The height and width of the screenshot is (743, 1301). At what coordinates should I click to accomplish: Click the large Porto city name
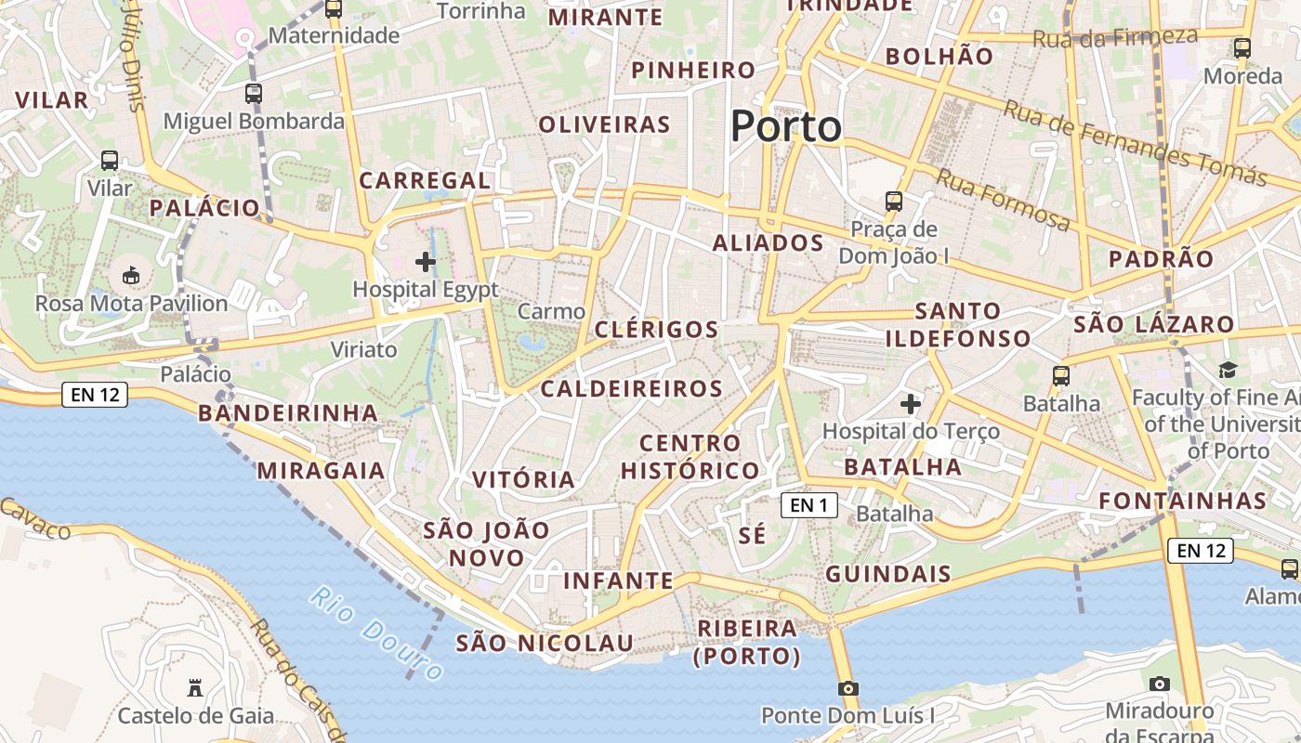pos(786,126)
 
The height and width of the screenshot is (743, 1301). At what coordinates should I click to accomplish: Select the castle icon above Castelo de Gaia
pos(195,688)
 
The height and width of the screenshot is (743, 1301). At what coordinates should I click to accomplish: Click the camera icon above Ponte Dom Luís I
pos(848,688)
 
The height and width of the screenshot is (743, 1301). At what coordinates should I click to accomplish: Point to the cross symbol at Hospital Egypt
pos(426,262)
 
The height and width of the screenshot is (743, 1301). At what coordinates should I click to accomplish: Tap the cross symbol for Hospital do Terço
pos(911,404)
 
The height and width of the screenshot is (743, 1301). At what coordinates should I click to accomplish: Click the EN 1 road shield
pos(808,505)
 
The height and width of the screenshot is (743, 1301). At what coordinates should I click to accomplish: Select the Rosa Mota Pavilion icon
pos(131,276)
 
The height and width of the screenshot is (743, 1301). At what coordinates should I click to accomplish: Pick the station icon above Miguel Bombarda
pos(254,93)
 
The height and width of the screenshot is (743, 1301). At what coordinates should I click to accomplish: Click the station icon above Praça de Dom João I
pos(894,201)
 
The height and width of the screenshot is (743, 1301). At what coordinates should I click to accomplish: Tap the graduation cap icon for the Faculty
pos(1228,370)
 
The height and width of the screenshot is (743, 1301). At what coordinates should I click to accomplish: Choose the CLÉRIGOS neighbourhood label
pos(656,330)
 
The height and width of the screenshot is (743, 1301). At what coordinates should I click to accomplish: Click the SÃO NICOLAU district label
pos(545,643)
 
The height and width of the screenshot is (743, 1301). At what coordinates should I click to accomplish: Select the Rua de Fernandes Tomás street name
pos(1135,143)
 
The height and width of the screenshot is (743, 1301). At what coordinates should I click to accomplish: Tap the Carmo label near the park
pos(552,311)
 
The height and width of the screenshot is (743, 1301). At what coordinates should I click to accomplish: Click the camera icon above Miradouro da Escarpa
pos(1159,684)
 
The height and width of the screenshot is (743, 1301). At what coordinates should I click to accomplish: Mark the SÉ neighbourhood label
pos(753,536)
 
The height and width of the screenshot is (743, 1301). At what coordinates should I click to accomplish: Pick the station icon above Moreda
pos(1242,48)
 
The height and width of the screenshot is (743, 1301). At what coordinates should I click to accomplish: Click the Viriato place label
pos(364,349)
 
